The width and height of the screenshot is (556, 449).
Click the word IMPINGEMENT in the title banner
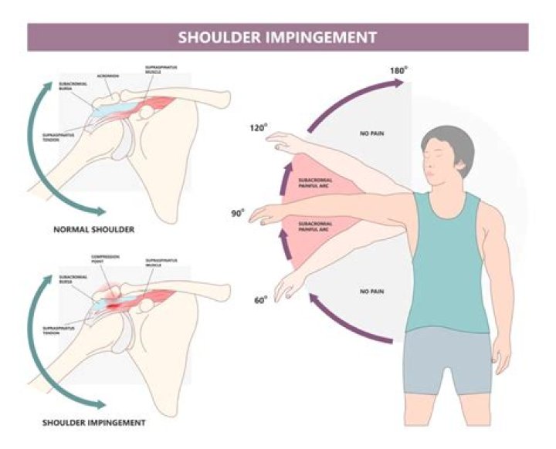pos(324,37)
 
